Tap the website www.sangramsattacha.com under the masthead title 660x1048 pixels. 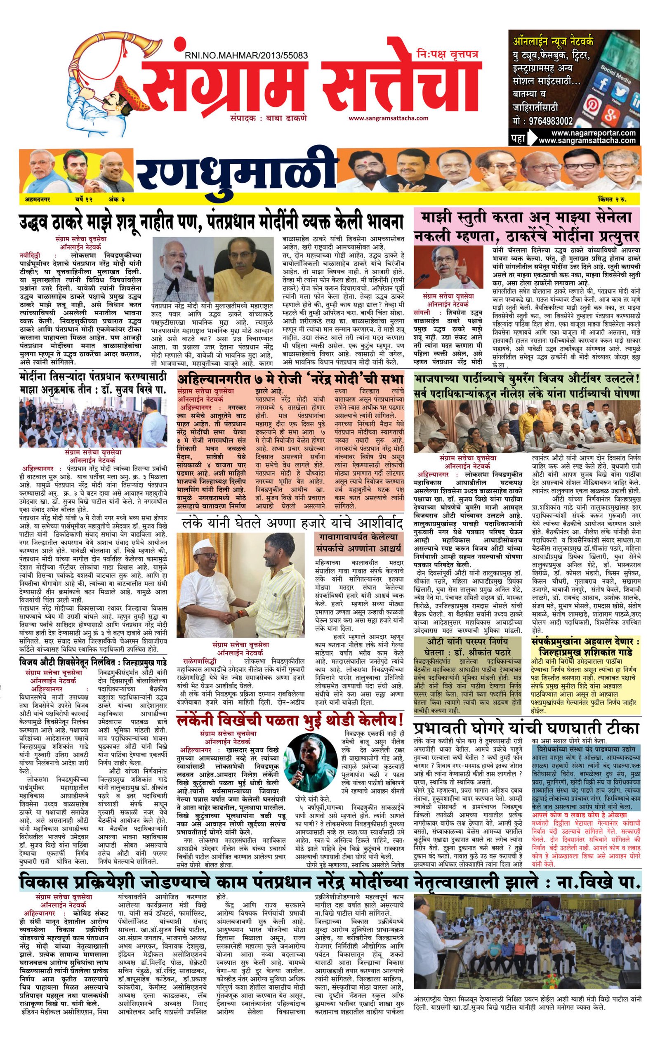388,118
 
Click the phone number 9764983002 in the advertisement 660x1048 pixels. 550,121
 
